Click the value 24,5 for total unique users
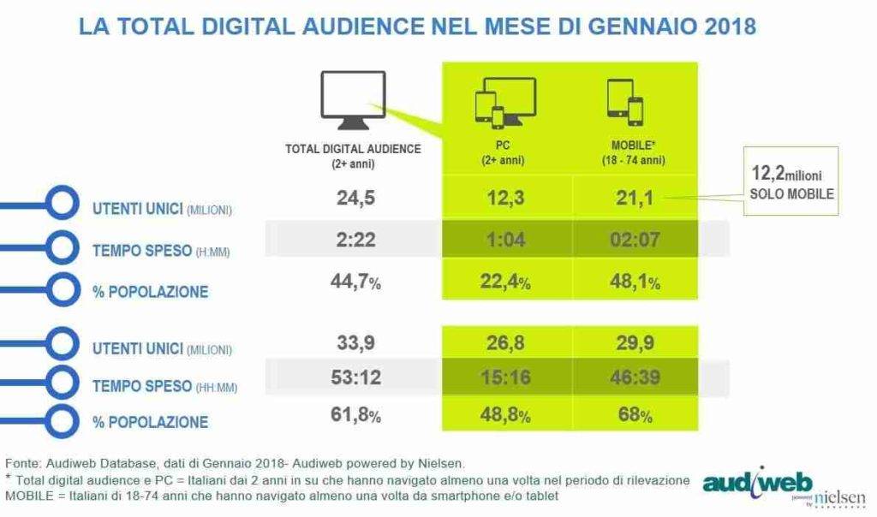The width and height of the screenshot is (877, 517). tap(353, 200)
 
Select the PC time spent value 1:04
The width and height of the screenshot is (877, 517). tap(505, 240)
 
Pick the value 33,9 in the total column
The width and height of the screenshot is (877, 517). tap(353, 343)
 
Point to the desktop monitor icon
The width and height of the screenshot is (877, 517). tap(352, 100)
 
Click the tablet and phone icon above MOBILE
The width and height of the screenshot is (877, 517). tap(623, 102)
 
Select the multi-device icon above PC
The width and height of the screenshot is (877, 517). tap(504, 102)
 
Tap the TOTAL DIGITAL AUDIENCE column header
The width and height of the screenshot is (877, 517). tap(353, 154)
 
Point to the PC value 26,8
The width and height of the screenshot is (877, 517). tap(505, 343)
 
